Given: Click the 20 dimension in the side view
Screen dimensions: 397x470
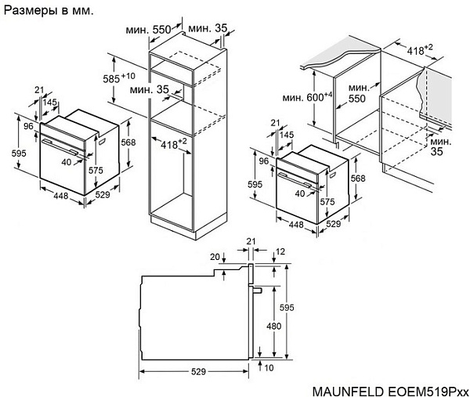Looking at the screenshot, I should point(215,256).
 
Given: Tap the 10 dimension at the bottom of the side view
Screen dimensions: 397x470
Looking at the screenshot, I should point(269,366).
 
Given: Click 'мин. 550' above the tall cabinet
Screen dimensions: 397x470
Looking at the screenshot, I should point(148,29).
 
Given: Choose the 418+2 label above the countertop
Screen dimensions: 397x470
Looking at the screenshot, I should point(420,49).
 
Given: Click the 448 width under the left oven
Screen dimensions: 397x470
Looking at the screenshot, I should point(60,197).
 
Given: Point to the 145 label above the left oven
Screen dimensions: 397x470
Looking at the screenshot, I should point(49,103).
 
